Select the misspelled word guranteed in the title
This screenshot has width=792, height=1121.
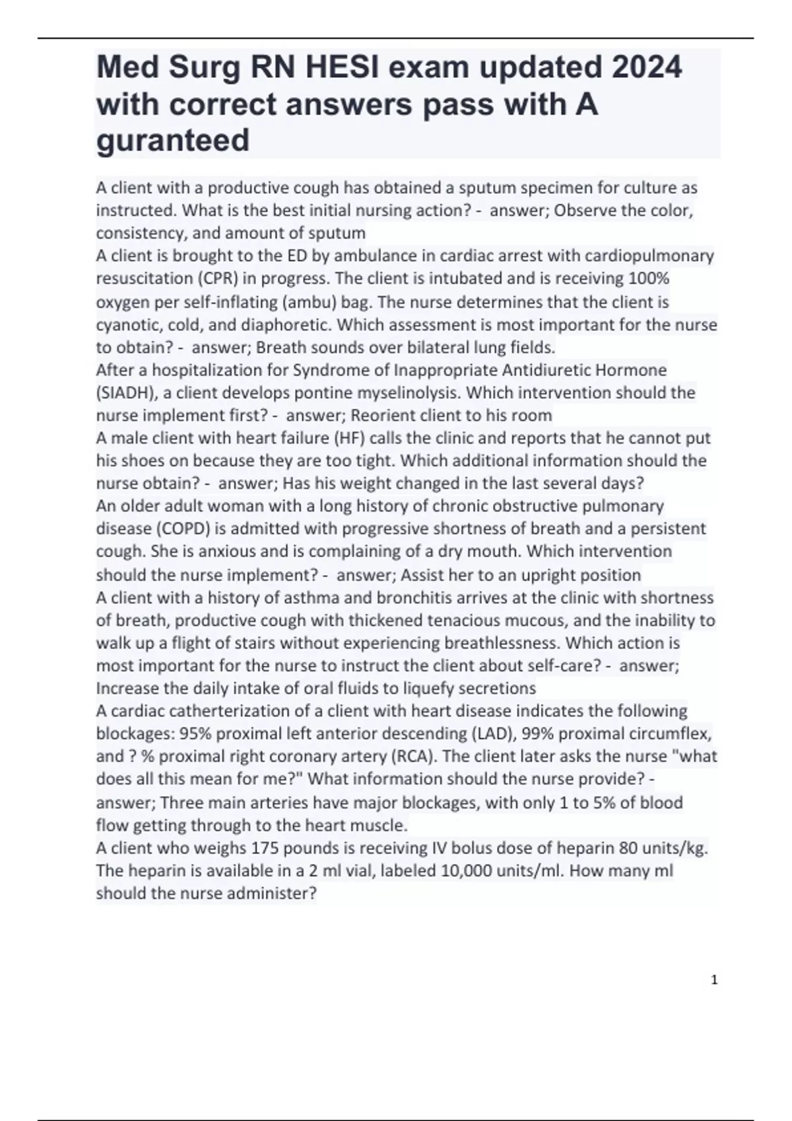[x=173, y=140]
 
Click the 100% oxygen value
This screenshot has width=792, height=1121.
[x=649, y=278]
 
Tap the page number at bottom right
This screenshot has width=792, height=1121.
[x=713, y=981]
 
